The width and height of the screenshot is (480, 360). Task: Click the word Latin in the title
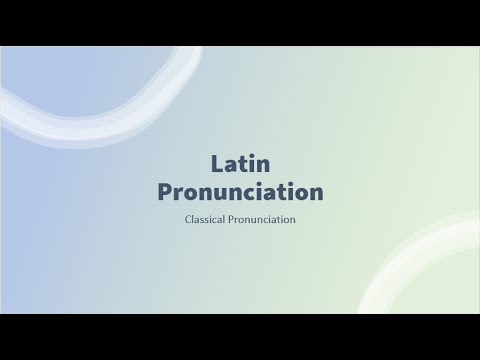click(240, 161)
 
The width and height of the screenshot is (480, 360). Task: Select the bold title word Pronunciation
click(240, 190)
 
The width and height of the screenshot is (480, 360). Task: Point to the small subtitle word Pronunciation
click(262, 218)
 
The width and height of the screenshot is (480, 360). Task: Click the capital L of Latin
click(216, 161)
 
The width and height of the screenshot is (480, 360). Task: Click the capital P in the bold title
click(166, 190)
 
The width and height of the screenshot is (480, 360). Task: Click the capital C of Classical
click(188, 218)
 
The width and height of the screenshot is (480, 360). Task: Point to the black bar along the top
click(240, 22)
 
